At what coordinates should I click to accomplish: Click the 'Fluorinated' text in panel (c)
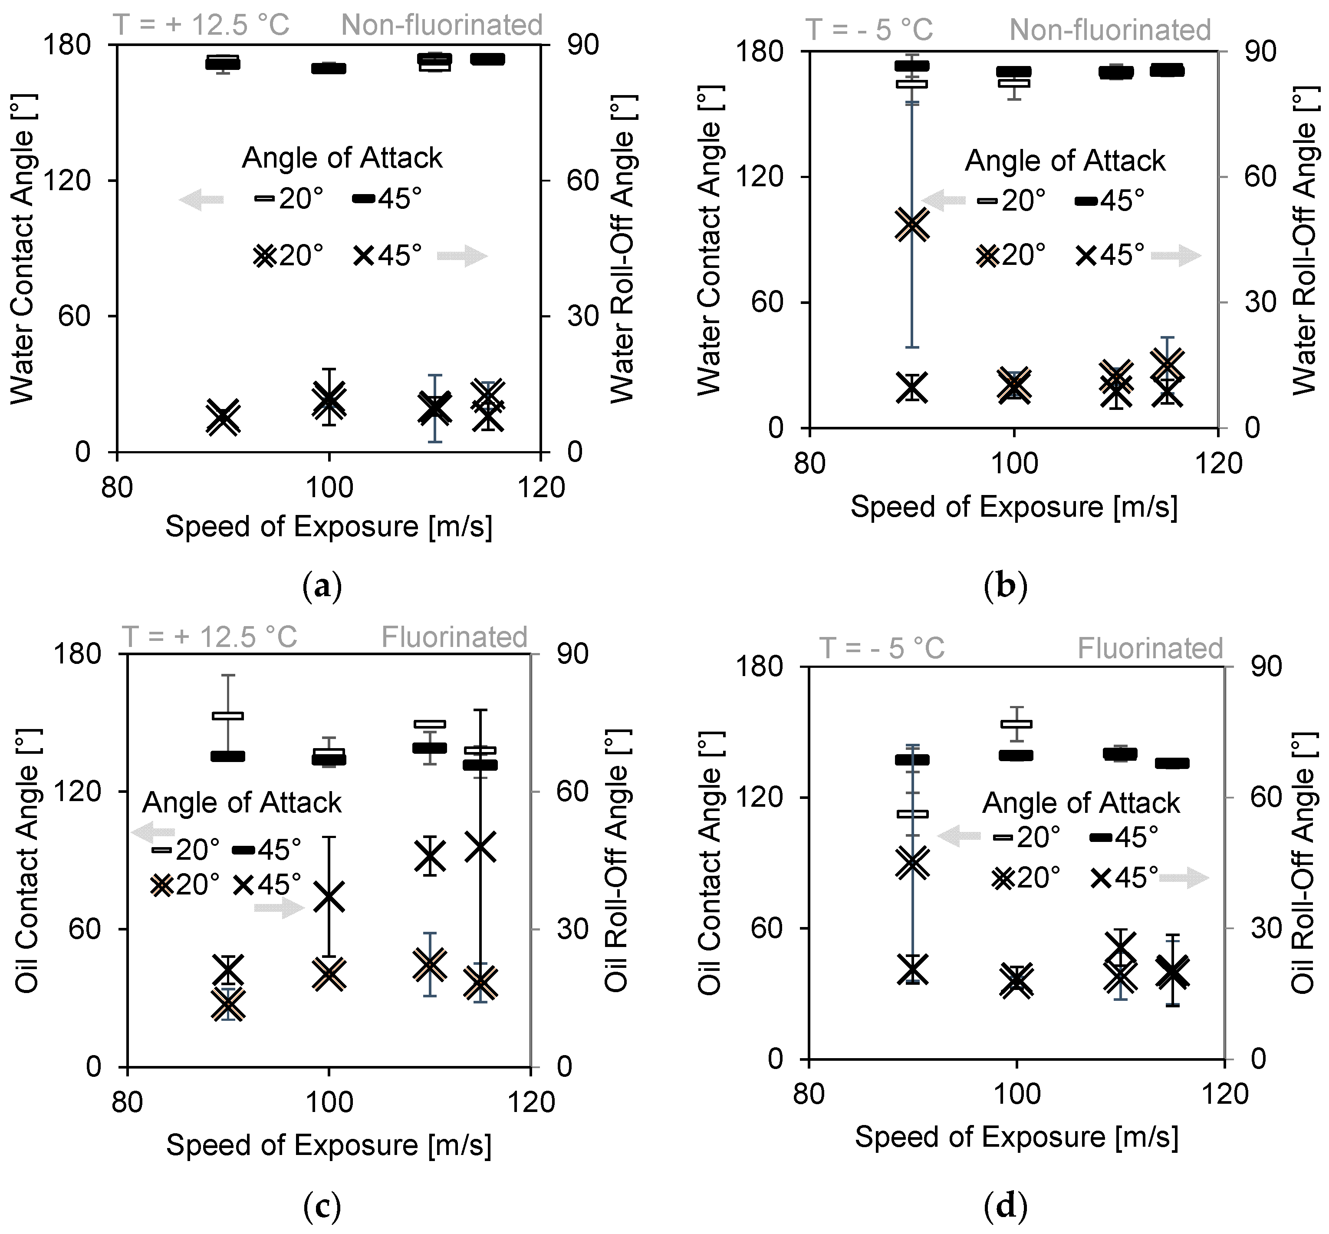pyautogui.click(x=454, y=637)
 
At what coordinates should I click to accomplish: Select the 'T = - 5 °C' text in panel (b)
pyautogui.click(x=868, y=30)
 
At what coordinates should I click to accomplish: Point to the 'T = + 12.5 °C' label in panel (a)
pyautogui.click(x=201, y=25)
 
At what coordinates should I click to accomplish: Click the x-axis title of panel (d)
pyautogui.click(x=1016, y=1136)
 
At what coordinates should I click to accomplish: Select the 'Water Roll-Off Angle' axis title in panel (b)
pyautogui.click(x=1304, y=241)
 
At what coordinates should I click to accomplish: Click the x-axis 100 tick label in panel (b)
pyautogui.click(x=1014, y=463)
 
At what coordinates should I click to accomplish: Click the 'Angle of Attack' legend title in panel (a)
pyautogui.click(x=342, y=158)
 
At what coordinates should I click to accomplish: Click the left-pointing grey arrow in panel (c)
pyautogui.click(x=153, y=832)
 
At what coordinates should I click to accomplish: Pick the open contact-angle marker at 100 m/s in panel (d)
pyautogui.click(x=1016, y=724)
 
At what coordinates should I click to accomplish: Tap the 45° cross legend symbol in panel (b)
pyautogui.click(x=1086, y=255)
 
